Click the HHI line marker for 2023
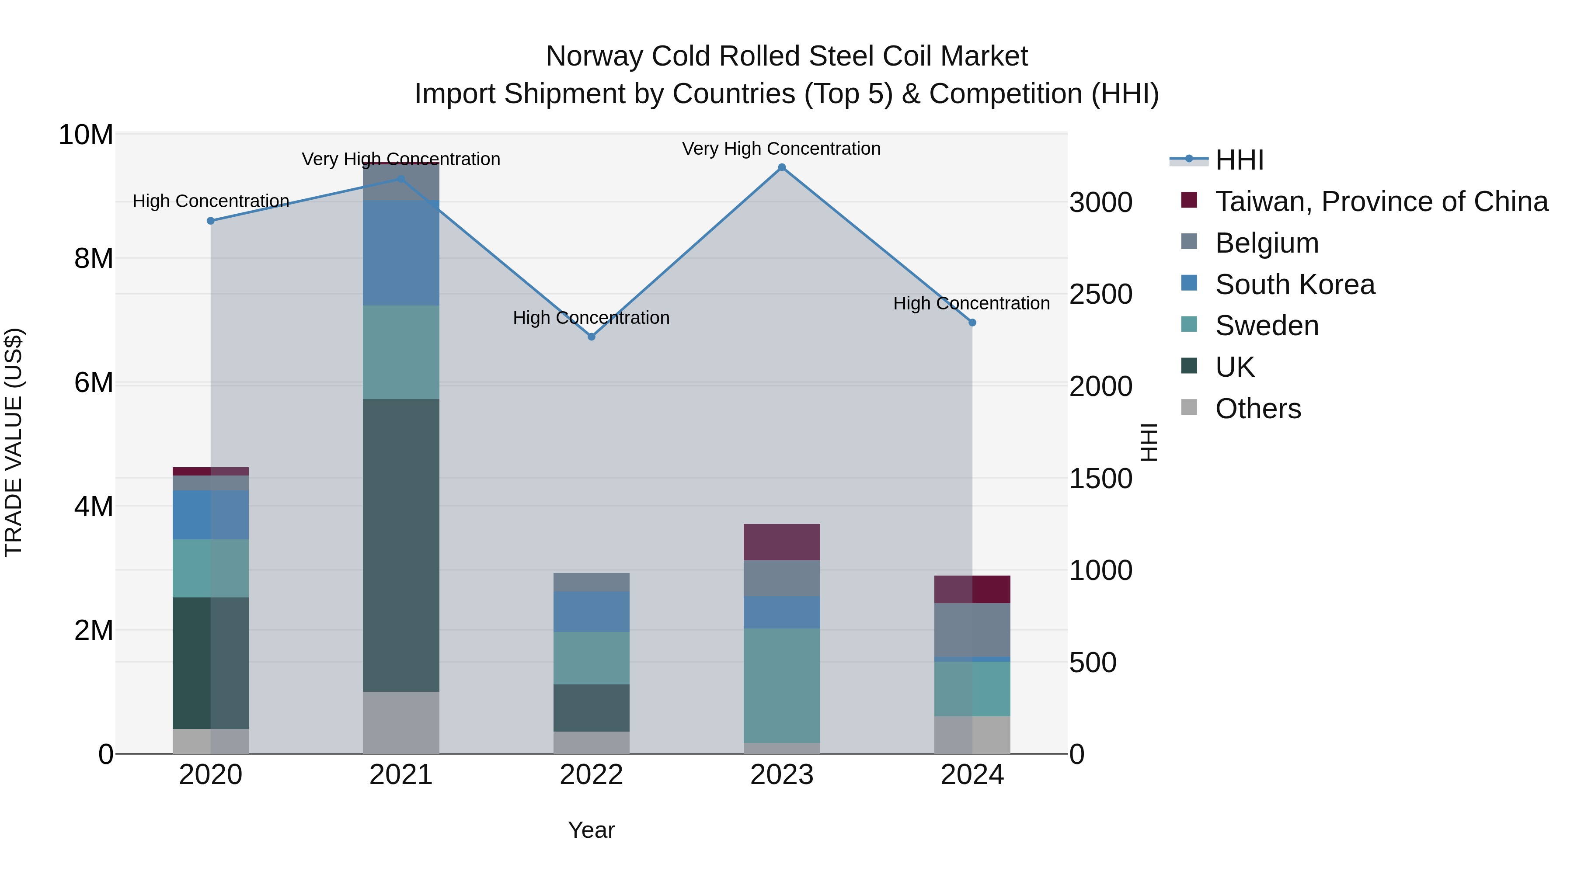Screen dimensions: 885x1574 pos(781,167)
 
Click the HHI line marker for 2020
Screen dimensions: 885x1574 pos(211,221)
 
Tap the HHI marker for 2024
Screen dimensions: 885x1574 pos(972,323)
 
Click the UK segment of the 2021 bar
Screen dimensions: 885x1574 pos(401,545)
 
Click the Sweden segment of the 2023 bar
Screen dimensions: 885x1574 pos(781,685)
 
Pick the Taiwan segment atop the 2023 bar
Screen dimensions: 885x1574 pos(781,542)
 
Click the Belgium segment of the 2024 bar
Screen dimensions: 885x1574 pos(972,630)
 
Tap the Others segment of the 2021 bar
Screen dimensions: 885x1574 pos(401,722)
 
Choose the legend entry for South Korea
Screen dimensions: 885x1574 pos(1294,285)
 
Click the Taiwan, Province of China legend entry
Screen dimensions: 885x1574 pos(1381,201)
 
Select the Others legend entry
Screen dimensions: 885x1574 pos(1257,409)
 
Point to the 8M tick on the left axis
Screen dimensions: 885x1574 pos(94,258)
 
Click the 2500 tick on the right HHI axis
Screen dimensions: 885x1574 pos(1100,295)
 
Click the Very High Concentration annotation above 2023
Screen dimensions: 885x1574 pos(781,149)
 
